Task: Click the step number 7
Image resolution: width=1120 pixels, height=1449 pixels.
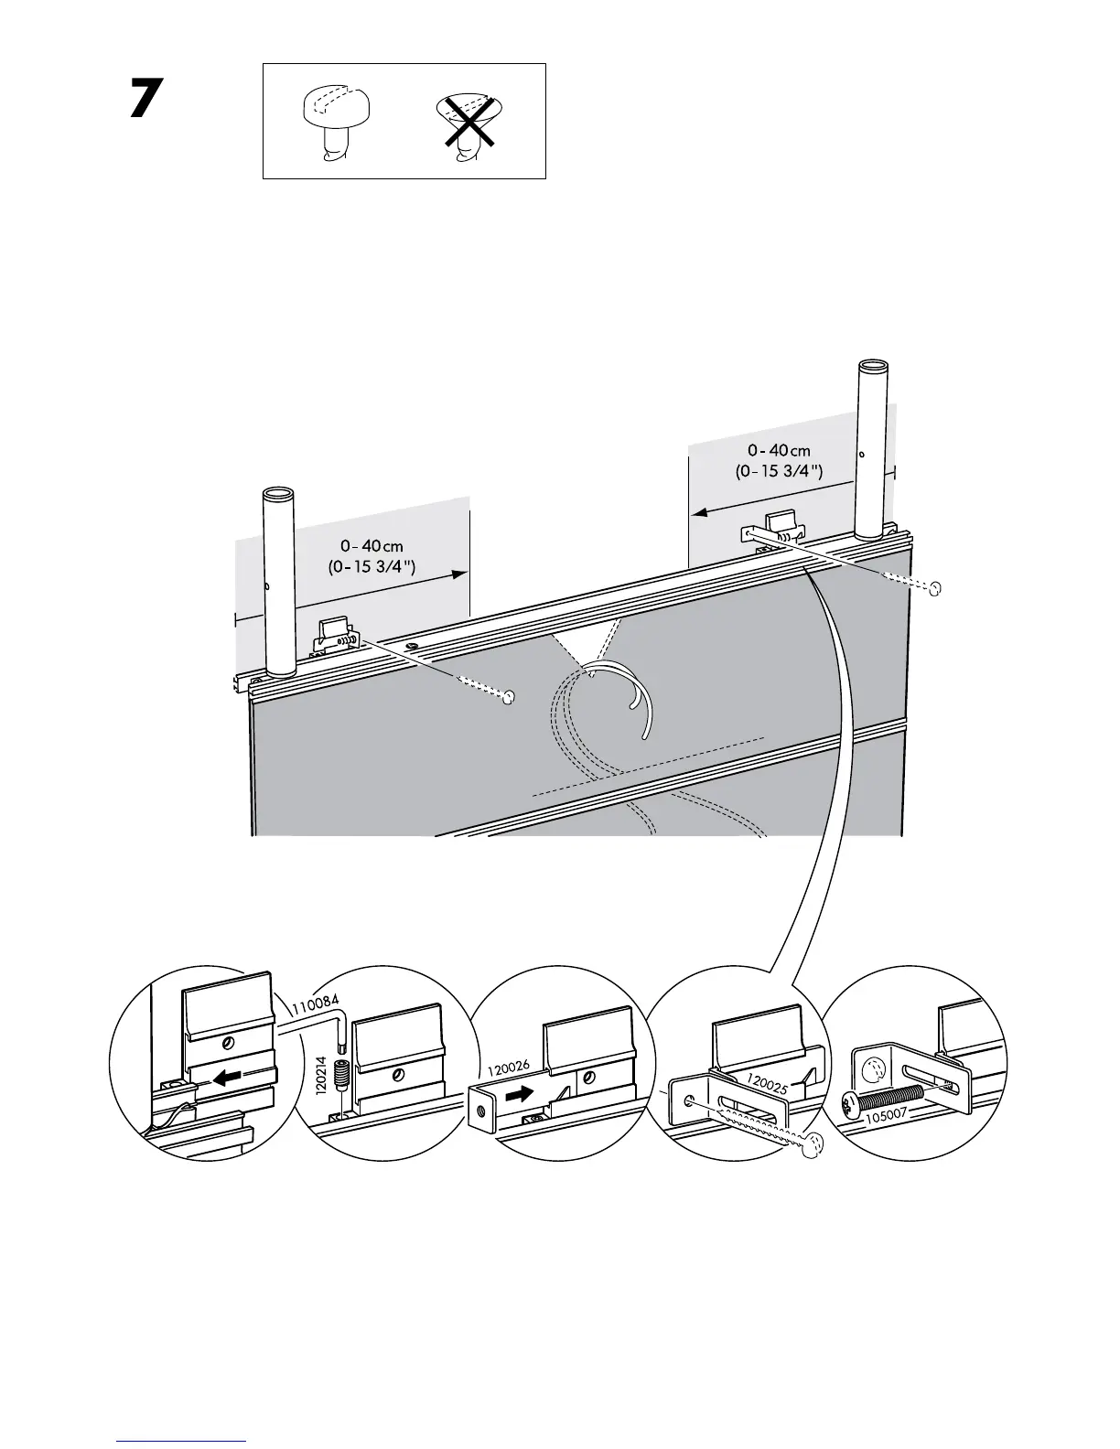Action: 146,99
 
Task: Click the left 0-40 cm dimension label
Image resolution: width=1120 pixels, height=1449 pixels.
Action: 372,557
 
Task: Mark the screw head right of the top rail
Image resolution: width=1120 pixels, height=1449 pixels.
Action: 934,589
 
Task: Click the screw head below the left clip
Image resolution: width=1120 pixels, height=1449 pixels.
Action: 509,698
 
